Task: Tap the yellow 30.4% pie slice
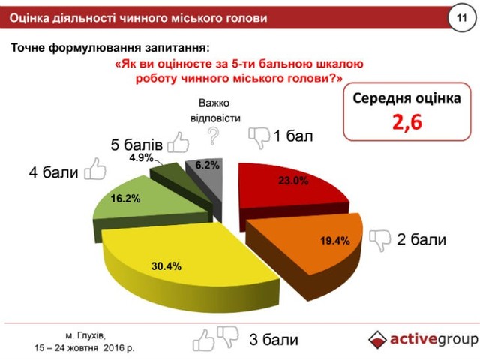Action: click(180, 255)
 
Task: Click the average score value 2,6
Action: click(406, 123)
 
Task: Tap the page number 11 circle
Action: click(460, 16)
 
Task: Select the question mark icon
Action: click(213, 136)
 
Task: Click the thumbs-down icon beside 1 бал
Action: click(259, 136)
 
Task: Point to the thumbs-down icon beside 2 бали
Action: click(379, 239)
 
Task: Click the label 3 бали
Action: click(273, 340)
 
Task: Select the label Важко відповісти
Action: click(214, 110)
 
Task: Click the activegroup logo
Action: click(423, 339)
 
